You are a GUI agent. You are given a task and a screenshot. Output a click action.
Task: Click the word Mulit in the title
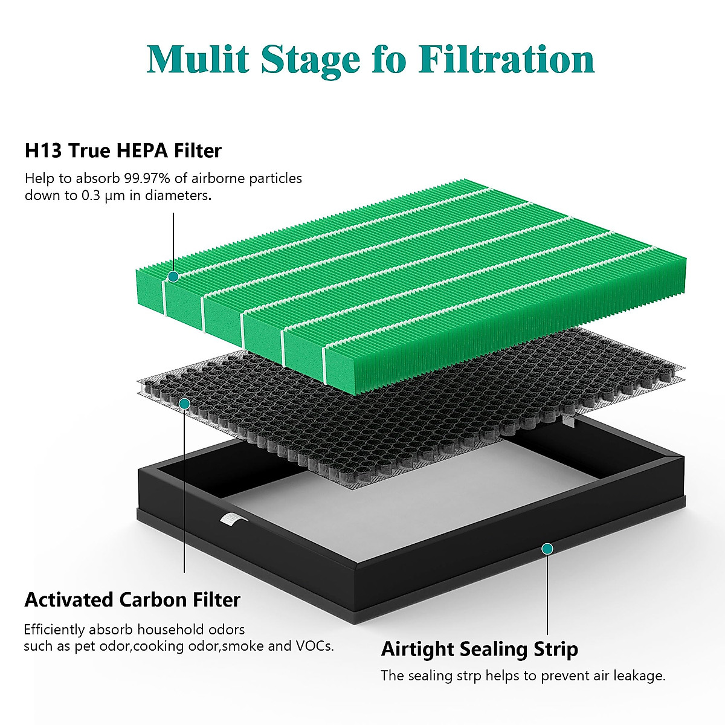[x=198, y=59]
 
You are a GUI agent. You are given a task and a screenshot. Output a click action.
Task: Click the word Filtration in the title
[x=506, y=59]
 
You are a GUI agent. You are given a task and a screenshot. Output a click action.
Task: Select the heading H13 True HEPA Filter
[x=123, y=150]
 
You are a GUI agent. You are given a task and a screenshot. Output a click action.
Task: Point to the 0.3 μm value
[x=99, y=196]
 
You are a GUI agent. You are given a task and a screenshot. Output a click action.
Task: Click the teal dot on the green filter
[x=173, y=277]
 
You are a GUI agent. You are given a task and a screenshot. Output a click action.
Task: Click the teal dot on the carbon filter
[x=185, y=403]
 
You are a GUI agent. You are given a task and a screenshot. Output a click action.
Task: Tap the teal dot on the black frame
[x=547, y=549]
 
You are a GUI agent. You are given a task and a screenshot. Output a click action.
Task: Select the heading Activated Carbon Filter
[x=132, y=600]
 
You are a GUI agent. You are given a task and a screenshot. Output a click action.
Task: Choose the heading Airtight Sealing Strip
[x=479, y=649]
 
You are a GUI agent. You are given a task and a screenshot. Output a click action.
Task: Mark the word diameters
[x=180, y=196]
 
